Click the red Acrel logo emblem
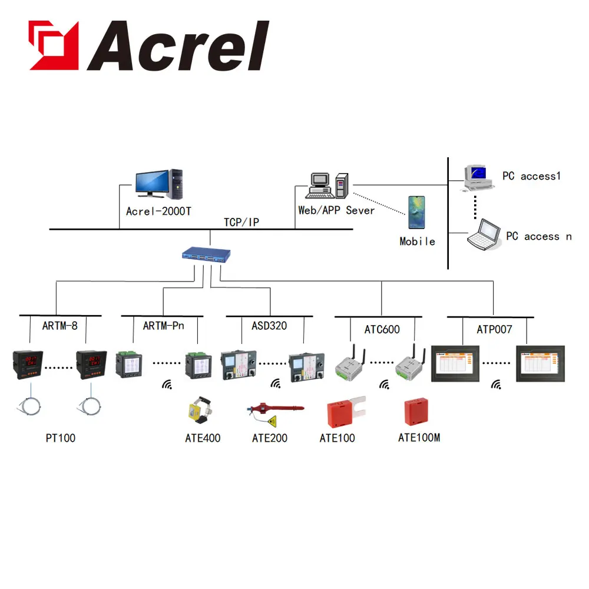click(54, 45)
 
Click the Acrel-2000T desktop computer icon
click(159, 184)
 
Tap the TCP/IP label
click(241, 223)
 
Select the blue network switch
click(206, 254)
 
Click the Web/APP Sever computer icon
click(327, 186)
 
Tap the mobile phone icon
click(416, 212)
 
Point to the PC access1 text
click(531, 176)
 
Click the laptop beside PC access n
click(484, 235)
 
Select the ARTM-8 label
click(59, 326)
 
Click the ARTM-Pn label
click(163, 326)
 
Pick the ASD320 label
click(269, 326)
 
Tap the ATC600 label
click(382, 329)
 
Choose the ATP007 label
click(494, 329)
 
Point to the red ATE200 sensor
click(275, 413)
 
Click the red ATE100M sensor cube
click(416, 412)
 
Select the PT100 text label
click(61, 438)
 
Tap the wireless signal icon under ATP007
click(496, 385)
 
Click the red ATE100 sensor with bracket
click(346, 412)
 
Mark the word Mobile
click(418, 241)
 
